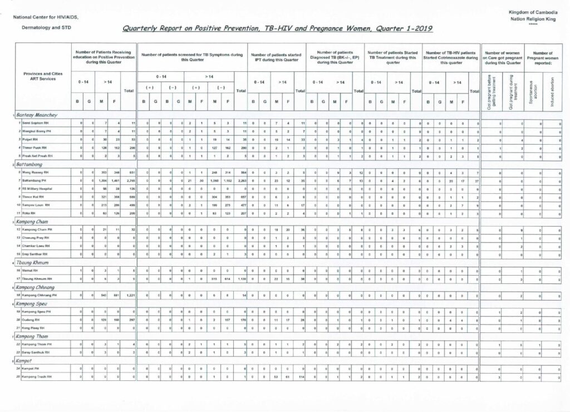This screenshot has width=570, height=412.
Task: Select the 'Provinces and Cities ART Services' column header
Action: pos(42,77)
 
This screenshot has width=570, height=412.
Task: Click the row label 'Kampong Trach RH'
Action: pos(38,377)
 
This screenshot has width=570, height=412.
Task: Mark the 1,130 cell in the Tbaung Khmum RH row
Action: pos(242,278)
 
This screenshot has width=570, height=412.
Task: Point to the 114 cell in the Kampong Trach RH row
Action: pos(300,377)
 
